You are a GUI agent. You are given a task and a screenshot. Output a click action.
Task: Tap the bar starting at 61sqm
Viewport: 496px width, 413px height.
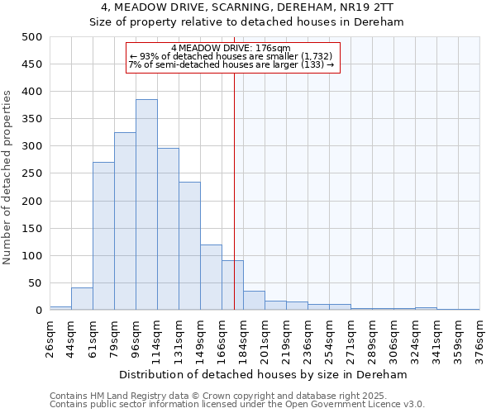pos(103,236)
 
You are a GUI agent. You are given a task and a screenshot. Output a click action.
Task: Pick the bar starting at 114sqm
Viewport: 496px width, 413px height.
pos(168,229)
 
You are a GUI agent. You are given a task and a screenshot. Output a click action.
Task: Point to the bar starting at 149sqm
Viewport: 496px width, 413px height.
pos(211,278)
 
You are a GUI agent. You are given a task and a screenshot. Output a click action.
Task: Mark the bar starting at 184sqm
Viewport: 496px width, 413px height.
pos(254,301)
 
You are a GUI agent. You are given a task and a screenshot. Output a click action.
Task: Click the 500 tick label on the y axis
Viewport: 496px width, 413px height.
pos(31,37)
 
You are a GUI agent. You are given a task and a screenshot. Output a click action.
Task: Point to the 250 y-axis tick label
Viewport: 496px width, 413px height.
pos(31,173)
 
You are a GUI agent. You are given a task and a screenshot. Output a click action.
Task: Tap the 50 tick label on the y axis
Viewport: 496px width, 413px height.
pos(35,283)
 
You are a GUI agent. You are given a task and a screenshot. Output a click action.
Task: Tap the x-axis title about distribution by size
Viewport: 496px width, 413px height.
pos(265,374)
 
